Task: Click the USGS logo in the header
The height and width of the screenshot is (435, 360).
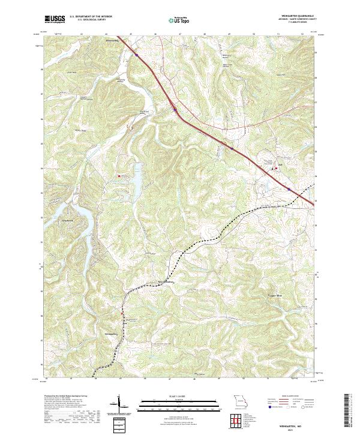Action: tap(53, 19)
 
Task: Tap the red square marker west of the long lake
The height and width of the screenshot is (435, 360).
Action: tap(119, 175)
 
